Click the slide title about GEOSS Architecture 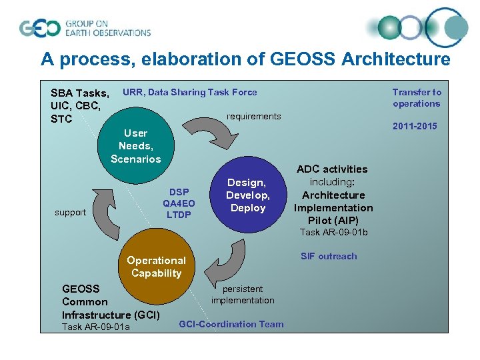245,59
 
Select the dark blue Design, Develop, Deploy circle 247,195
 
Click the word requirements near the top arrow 253,117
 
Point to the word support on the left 70,213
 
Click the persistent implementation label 243,295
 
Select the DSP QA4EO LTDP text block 179,203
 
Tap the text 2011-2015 415,127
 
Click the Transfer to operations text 416,98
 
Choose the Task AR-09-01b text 333,233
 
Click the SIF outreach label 329,257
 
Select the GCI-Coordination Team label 231,325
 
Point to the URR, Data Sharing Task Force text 189,93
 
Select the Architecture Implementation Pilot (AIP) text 333,207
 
